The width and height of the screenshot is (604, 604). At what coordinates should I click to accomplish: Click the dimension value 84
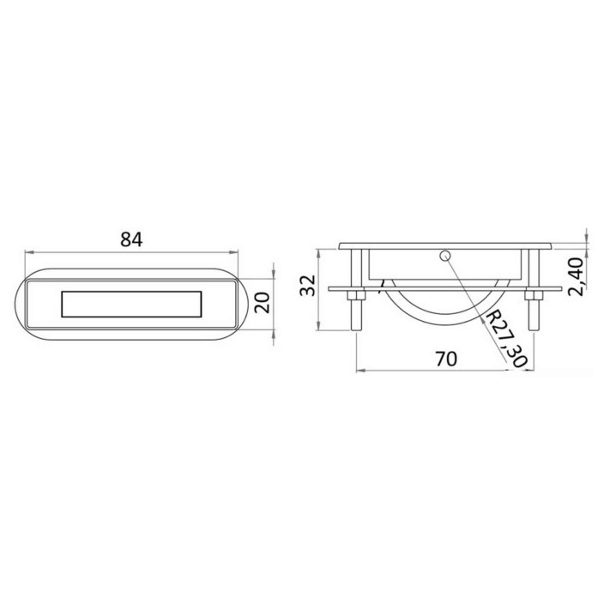coord(131,239)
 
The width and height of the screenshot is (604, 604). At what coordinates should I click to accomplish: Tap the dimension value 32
coord(308,286)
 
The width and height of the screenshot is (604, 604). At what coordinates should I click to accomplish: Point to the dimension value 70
coord(446,359)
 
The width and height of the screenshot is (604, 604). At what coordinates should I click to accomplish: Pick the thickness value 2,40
coord(577,276)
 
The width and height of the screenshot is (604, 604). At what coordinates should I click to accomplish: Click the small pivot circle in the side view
coord(445,255)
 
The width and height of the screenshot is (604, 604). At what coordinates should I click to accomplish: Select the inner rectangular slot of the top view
coord(131,305)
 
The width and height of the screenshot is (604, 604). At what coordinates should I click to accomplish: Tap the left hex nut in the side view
coord(356,296)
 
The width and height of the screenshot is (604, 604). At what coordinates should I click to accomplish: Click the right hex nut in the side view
coord(534,296)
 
